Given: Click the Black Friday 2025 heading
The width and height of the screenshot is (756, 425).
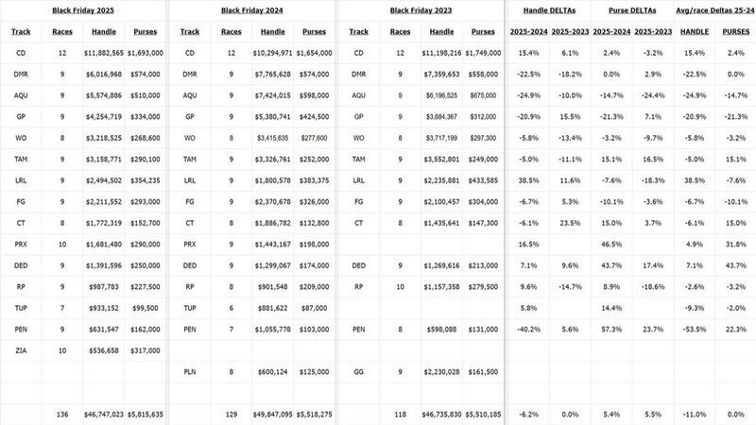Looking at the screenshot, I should tap(82, 9).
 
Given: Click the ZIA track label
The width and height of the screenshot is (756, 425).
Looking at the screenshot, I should tap(21, 348).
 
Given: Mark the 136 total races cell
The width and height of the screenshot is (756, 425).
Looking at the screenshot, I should tap(62, 413).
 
